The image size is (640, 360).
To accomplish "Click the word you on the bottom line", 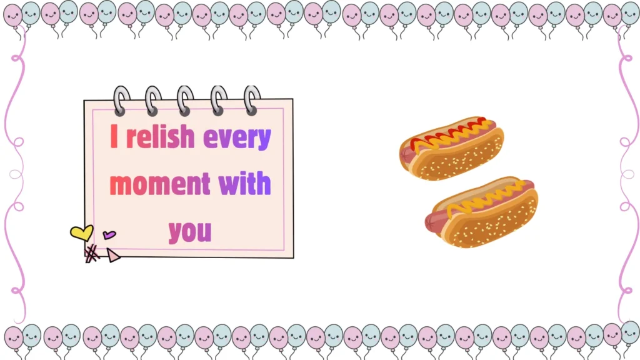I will pyautogui.click(x=190, y=231).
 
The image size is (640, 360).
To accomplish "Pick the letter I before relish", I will pyautogui.click(x=114, y=137).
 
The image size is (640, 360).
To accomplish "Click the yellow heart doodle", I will pyautogui.click(x=81, y=233).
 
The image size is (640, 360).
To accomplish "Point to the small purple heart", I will pyautogui.click(x=109, y=235).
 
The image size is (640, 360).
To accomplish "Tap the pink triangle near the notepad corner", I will pyautogui.click(x=112, y=255).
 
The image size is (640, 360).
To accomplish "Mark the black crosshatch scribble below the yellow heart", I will pyautogui.click(x=92, y=253).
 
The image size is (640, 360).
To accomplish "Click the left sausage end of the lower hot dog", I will pyautogui.click(x=432, y=220).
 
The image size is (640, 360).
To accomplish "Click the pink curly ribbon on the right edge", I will pyautogui.click(x=625, y=175).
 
